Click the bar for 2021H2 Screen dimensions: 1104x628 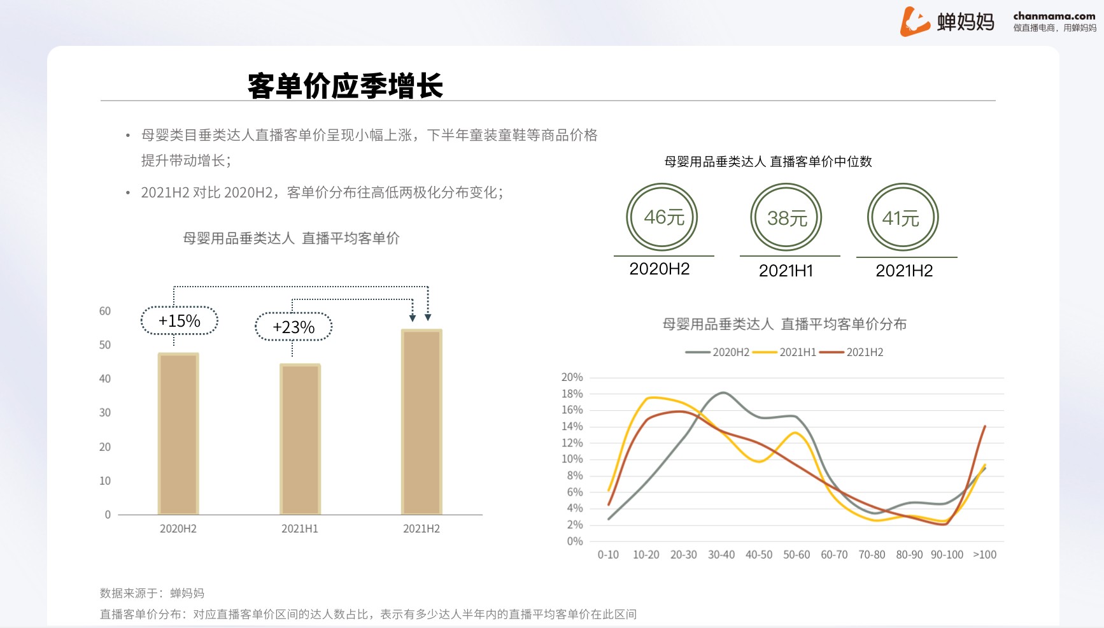[421, 422]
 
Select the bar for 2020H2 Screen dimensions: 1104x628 [178, 434]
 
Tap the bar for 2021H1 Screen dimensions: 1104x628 [300, 439]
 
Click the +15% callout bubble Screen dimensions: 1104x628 [180, 321]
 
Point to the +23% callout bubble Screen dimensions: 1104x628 [294, 327]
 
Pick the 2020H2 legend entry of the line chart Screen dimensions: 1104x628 [718, 352]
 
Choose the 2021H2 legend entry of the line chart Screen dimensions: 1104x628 [851, 352]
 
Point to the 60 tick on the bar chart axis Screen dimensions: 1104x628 [105, 311]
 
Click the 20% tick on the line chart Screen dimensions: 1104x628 [572, 377]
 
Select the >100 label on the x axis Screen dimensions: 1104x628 [985, 555]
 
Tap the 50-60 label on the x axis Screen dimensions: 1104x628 [796, 555]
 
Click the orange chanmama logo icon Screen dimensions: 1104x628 [914, 22]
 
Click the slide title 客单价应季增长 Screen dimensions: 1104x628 [345, 85]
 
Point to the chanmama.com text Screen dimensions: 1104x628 [1054, 16]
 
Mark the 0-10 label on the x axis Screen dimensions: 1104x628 [608, 555]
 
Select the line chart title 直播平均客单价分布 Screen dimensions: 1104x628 [784, 324]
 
